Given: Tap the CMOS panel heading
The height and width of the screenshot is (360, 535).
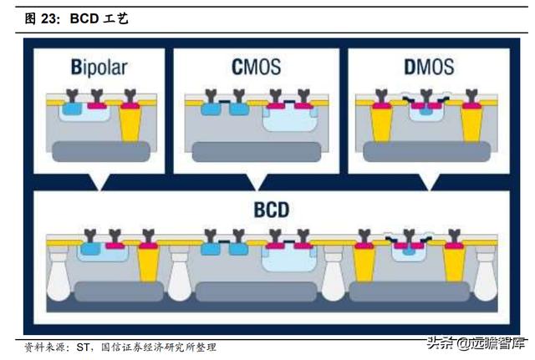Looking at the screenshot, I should pyautogui.click(x=256, y=66).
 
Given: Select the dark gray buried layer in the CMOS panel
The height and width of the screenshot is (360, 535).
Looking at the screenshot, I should pyautogui.click(x=256, y=151).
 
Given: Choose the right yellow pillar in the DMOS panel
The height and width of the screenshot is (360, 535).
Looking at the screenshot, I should pyautogui.click(x=474, y=125).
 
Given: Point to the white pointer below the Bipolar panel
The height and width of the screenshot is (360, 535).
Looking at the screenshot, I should pyautogui.click(x=103, y=181).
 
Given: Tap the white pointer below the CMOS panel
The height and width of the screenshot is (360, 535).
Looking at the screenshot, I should pyautogui.click(x=256, y=181).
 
